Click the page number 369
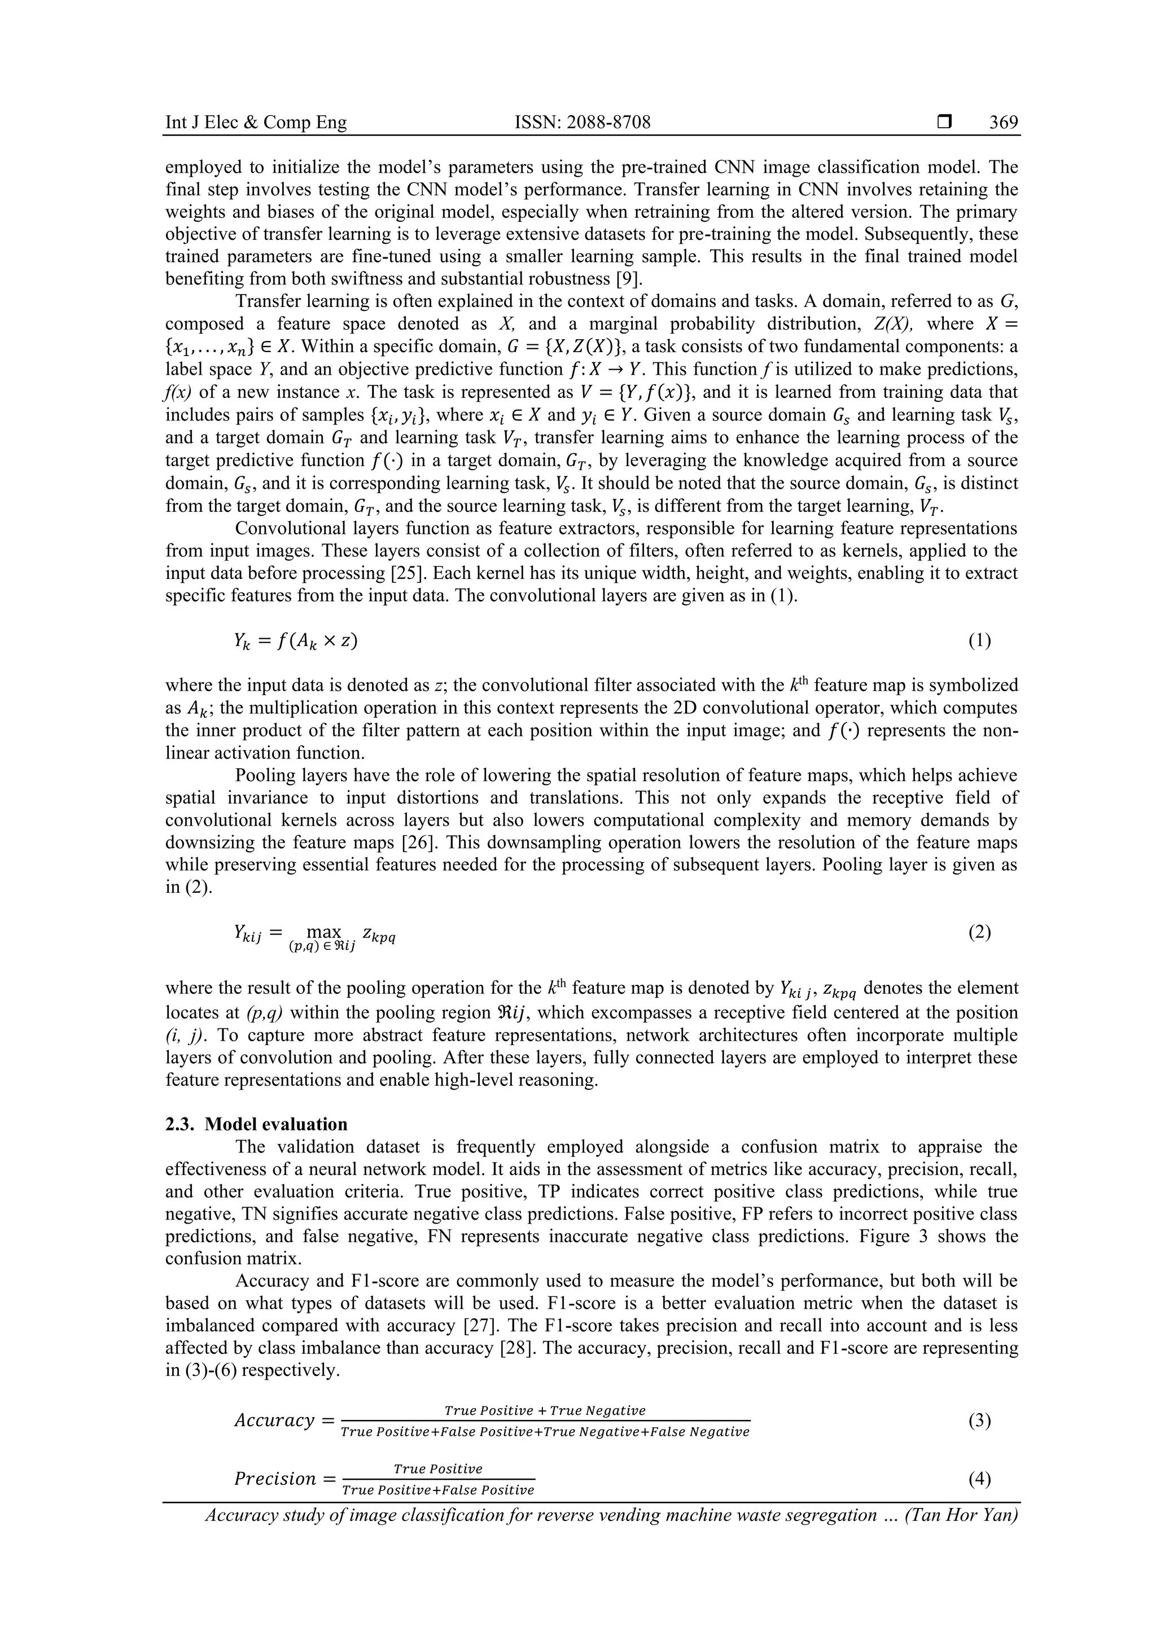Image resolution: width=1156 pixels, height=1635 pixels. tap(1003, 122)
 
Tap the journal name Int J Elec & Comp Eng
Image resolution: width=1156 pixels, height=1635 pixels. tap(256, 122)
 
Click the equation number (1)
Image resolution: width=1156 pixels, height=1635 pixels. tap(979, 641)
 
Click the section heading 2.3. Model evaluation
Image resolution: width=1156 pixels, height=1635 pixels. tap(256, 1124)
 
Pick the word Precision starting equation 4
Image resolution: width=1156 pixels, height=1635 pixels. tap(275, 1479)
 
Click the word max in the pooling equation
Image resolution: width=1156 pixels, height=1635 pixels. tap(322, 931)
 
